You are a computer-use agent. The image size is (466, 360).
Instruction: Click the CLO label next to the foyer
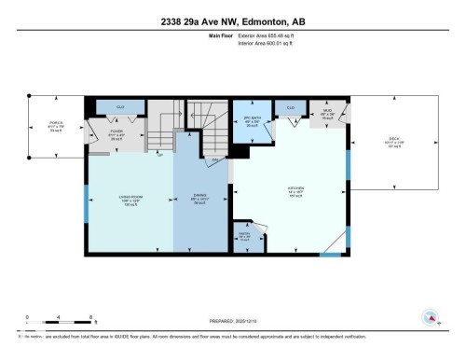pyautogui.click(x=120, y=107)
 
